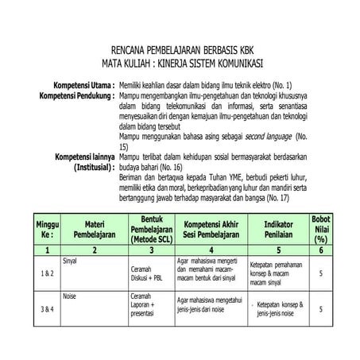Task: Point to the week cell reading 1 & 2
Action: [x=47, y=273]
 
